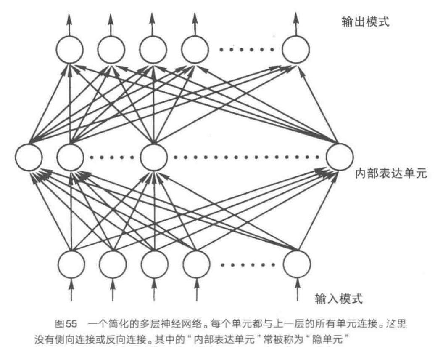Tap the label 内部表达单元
(391, 174)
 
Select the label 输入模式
(339, 299)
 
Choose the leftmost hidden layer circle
(29, 157)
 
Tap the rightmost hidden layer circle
(339, 157)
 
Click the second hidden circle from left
(70, 157)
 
